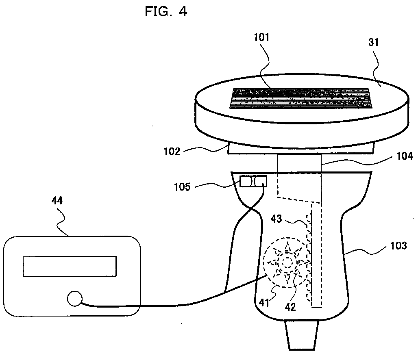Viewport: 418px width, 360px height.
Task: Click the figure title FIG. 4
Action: tap(166, 11)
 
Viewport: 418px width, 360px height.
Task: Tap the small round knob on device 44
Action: tap(74, 299)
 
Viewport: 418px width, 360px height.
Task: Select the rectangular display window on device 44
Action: tap(70, 266)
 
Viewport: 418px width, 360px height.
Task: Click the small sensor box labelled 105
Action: tap(253, 181)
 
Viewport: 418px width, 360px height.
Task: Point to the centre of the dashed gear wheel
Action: tap(287, 262)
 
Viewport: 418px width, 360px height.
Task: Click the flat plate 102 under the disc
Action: tap(301, 149)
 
